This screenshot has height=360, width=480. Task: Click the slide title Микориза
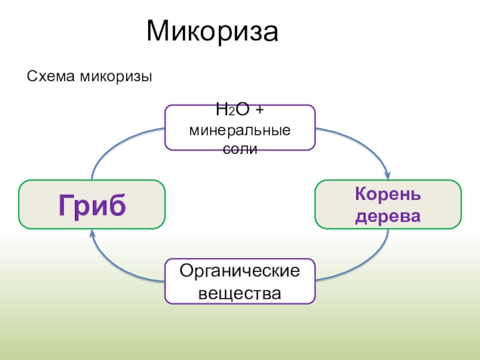212,32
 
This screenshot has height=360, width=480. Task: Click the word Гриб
92,204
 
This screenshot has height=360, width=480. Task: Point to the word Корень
388,194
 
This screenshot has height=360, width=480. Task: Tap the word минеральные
240,130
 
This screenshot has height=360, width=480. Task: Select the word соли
240,148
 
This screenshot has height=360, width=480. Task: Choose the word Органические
240,271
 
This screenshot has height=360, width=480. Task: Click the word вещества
240,293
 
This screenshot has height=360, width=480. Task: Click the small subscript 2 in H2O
231,113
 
